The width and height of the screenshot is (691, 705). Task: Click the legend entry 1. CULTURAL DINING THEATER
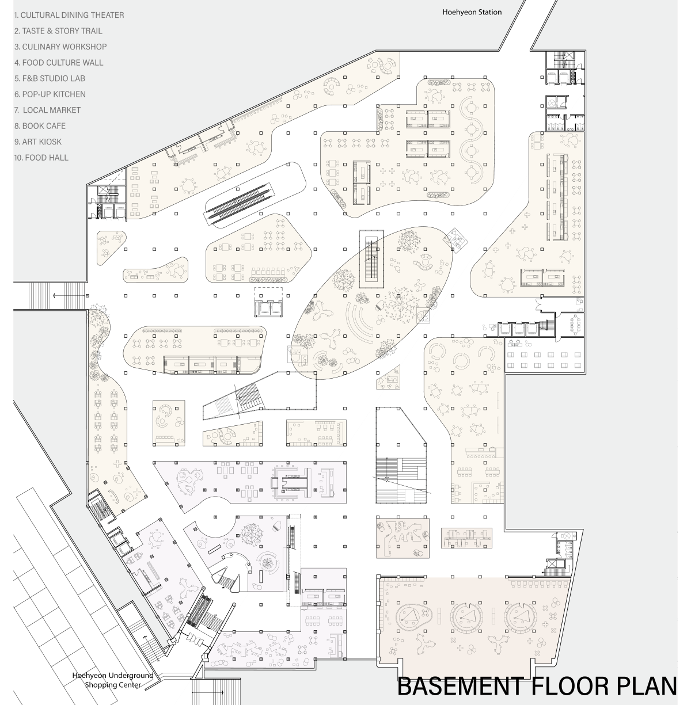69,15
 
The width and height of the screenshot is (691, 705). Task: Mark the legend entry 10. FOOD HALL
41,158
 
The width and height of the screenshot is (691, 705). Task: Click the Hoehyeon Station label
472,12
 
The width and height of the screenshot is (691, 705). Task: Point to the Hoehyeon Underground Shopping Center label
113,680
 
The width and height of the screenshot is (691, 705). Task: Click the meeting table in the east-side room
575,325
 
